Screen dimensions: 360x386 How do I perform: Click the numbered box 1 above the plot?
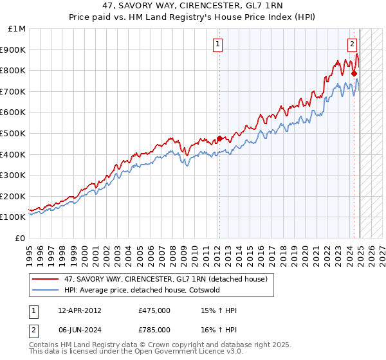[217, 44]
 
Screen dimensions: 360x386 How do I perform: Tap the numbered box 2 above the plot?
[353, 44]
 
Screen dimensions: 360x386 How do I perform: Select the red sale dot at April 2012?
[219, 138]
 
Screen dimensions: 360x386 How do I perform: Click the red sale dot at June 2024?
[354, 73]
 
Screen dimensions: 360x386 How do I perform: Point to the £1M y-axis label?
[17, 28]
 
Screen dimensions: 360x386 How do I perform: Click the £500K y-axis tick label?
[14, 133]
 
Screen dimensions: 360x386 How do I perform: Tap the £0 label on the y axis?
[21, 238]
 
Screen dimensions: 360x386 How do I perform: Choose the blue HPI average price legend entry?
[142, 290]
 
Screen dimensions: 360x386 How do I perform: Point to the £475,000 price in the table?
[154, 310]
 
